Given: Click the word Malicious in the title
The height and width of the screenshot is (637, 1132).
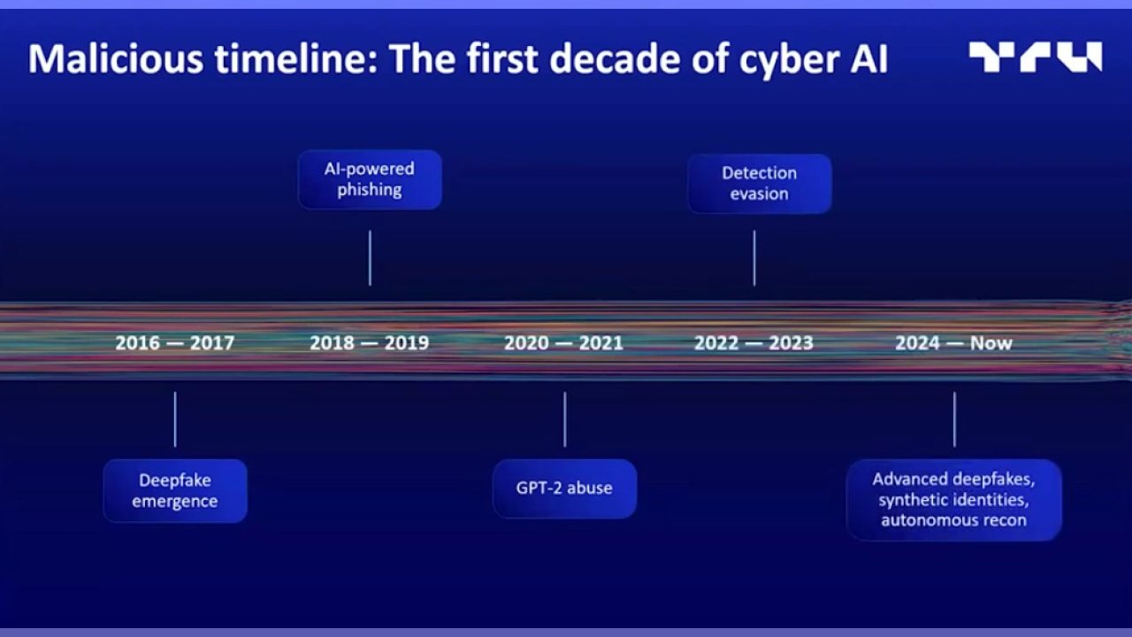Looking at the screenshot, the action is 116,58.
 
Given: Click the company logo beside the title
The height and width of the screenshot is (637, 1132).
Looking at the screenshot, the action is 1035,58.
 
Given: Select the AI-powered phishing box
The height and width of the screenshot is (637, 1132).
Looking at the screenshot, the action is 370,180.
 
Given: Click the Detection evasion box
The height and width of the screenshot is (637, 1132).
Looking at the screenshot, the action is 759,183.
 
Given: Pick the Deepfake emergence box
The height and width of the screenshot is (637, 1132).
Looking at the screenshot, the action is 175,490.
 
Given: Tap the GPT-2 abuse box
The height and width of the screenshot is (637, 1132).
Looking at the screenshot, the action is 564,488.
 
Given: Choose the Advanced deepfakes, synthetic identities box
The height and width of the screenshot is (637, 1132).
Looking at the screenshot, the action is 954,500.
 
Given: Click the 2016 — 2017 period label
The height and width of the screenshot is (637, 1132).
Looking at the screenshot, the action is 175,343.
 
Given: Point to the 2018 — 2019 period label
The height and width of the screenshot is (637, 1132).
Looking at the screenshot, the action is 370,343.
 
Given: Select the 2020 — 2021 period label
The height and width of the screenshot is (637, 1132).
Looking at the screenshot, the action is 564,343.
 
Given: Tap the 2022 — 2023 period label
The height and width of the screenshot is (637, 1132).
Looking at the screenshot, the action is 754,343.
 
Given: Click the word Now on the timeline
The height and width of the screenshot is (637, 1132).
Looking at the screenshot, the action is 991,343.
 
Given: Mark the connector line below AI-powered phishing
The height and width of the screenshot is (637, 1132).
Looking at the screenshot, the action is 370,257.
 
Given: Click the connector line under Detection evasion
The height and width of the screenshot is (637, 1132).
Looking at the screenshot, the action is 754,257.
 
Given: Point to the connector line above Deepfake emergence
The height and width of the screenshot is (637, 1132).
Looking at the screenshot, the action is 175,419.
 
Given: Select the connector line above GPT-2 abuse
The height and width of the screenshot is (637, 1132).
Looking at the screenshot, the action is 564,419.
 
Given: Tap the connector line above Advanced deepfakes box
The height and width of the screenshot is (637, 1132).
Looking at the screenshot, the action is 954,419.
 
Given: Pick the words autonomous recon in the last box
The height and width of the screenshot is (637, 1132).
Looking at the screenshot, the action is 954,520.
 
